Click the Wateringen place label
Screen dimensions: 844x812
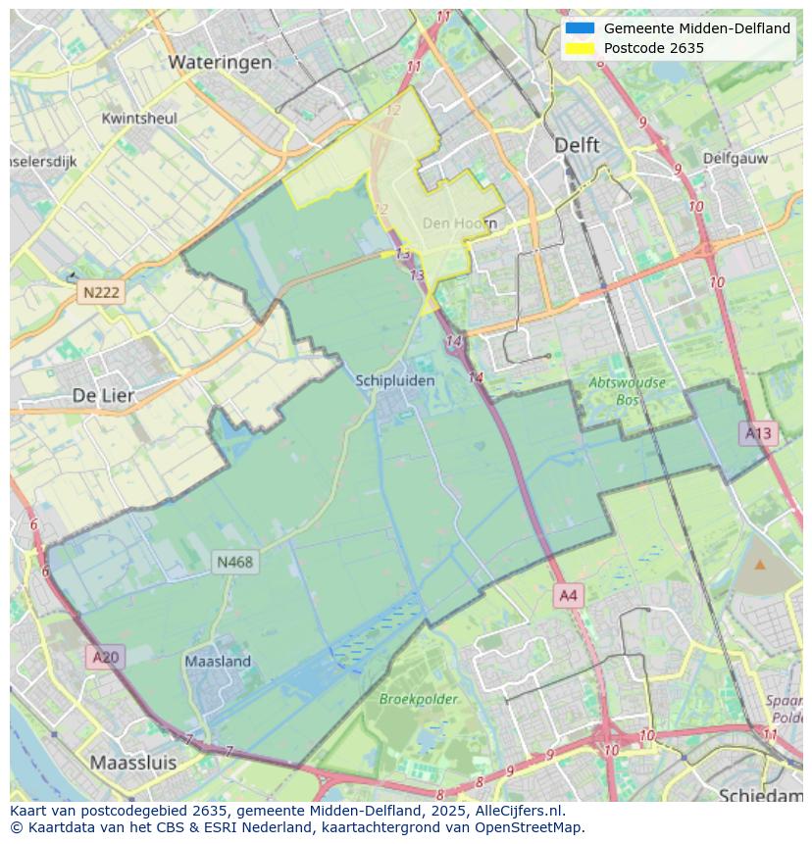pyautogui.click(x=220, y=62)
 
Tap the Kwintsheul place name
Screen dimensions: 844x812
pyautogui.click(x=139, y=119)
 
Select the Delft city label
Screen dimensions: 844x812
pyautogui.click(x=577, y=144)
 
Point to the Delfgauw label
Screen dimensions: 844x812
pyautogui.click(x=734, y=157)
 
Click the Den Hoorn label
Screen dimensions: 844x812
pyautogui.click(x=459, y=223)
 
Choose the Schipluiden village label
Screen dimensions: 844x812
pyautogui.click(x=395, y=380)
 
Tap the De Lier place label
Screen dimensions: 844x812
pyautogui.click(x=103, y=395)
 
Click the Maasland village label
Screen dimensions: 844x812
pyautogui.click(x=218, y=662)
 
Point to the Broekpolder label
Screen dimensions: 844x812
pyautogui.click(x=419, y=699)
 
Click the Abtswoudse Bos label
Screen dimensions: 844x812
pyautogui.click(x=627, y=391)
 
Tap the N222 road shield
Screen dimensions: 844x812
pyautogui.click(x=101, y=292)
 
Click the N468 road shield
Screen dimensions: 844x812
pyautogui.click(x=234, y=562)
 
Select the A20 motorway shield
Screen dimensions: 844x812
pyautogui.click(x=105, y=657)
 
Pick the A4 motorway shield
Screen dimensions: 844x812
pyautogui.click(x=568, y=595)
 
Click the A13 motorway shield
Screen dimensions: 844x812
pyautogui.click(x=758, y=432)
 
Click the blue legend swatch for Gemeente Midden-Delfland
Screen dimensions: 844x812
pyautogui.click(x=580, y=28)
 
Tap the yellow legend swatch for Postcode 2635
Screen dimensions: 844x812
pyautogui.click(x=580, y=48)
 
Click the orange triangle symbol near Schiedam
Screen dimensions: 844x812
pyautogui.click(x=760, y=564)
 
